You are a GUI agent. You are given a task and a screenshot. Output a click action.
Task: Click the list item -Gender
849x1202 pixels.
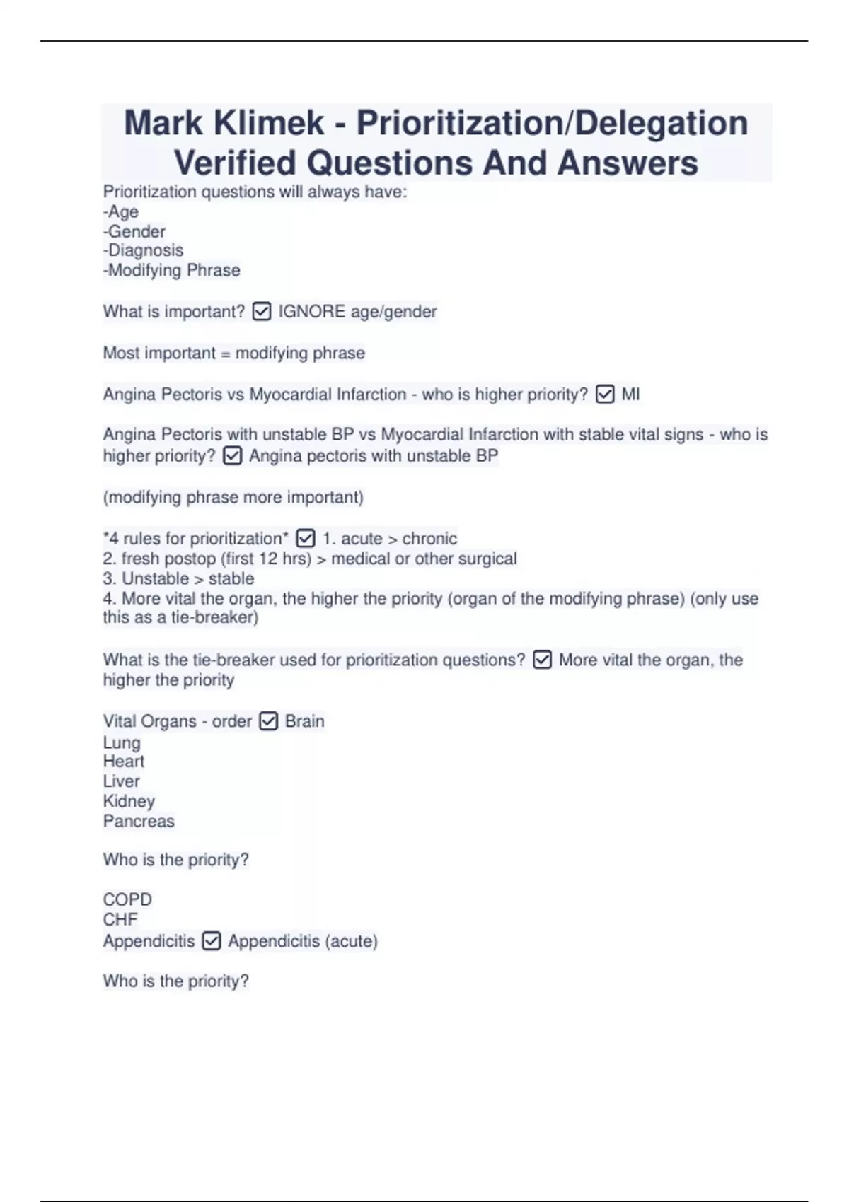134,231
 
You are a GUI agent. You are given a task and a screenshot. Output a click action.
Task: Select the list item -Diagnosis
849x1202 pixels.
143,250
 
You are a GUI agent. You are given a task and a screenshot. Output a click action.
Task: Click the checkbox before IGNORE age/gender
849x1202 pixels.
261,312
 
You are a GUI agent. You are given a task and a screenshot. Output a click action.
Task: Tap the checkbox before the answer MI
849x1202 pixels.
605,395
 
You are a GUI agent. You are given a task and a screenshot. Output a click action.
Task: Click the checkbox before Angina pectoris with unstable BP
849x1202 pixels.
232,456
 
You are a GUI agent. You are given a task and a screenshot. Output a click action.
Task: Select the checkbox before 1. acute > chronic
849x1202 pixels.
305,539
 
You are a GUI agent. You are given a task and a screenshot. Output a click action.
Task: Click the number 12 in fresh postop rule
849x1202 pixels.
268,559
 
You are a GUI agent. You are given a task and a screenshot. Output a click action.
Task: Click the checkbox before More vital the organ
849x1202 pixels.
542,660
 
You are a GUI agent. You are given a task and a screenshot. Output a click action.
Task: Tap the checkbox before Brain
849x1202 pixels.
268,721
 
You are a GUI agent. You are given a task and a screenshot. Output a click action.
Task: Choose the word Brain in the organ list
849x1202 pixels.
304,721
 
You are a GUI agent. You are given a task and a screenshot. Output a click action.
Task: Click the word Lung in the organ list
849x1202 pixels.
122,742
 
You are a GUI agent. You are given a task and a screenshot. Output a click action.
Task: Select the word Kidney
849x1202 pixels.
129,801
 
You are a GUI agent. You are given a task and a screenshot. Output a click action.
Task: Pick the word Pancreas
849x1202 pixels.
139,821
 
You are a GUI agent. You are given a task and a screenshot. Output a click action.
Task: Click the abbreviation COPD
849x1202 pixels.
127,899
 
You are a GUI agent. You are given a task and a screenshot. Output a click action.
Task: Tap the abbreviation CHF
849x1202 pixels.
120,919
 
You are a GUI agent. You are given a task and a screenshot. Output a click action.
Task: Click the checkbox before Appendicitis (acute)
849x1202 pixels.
211,941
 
